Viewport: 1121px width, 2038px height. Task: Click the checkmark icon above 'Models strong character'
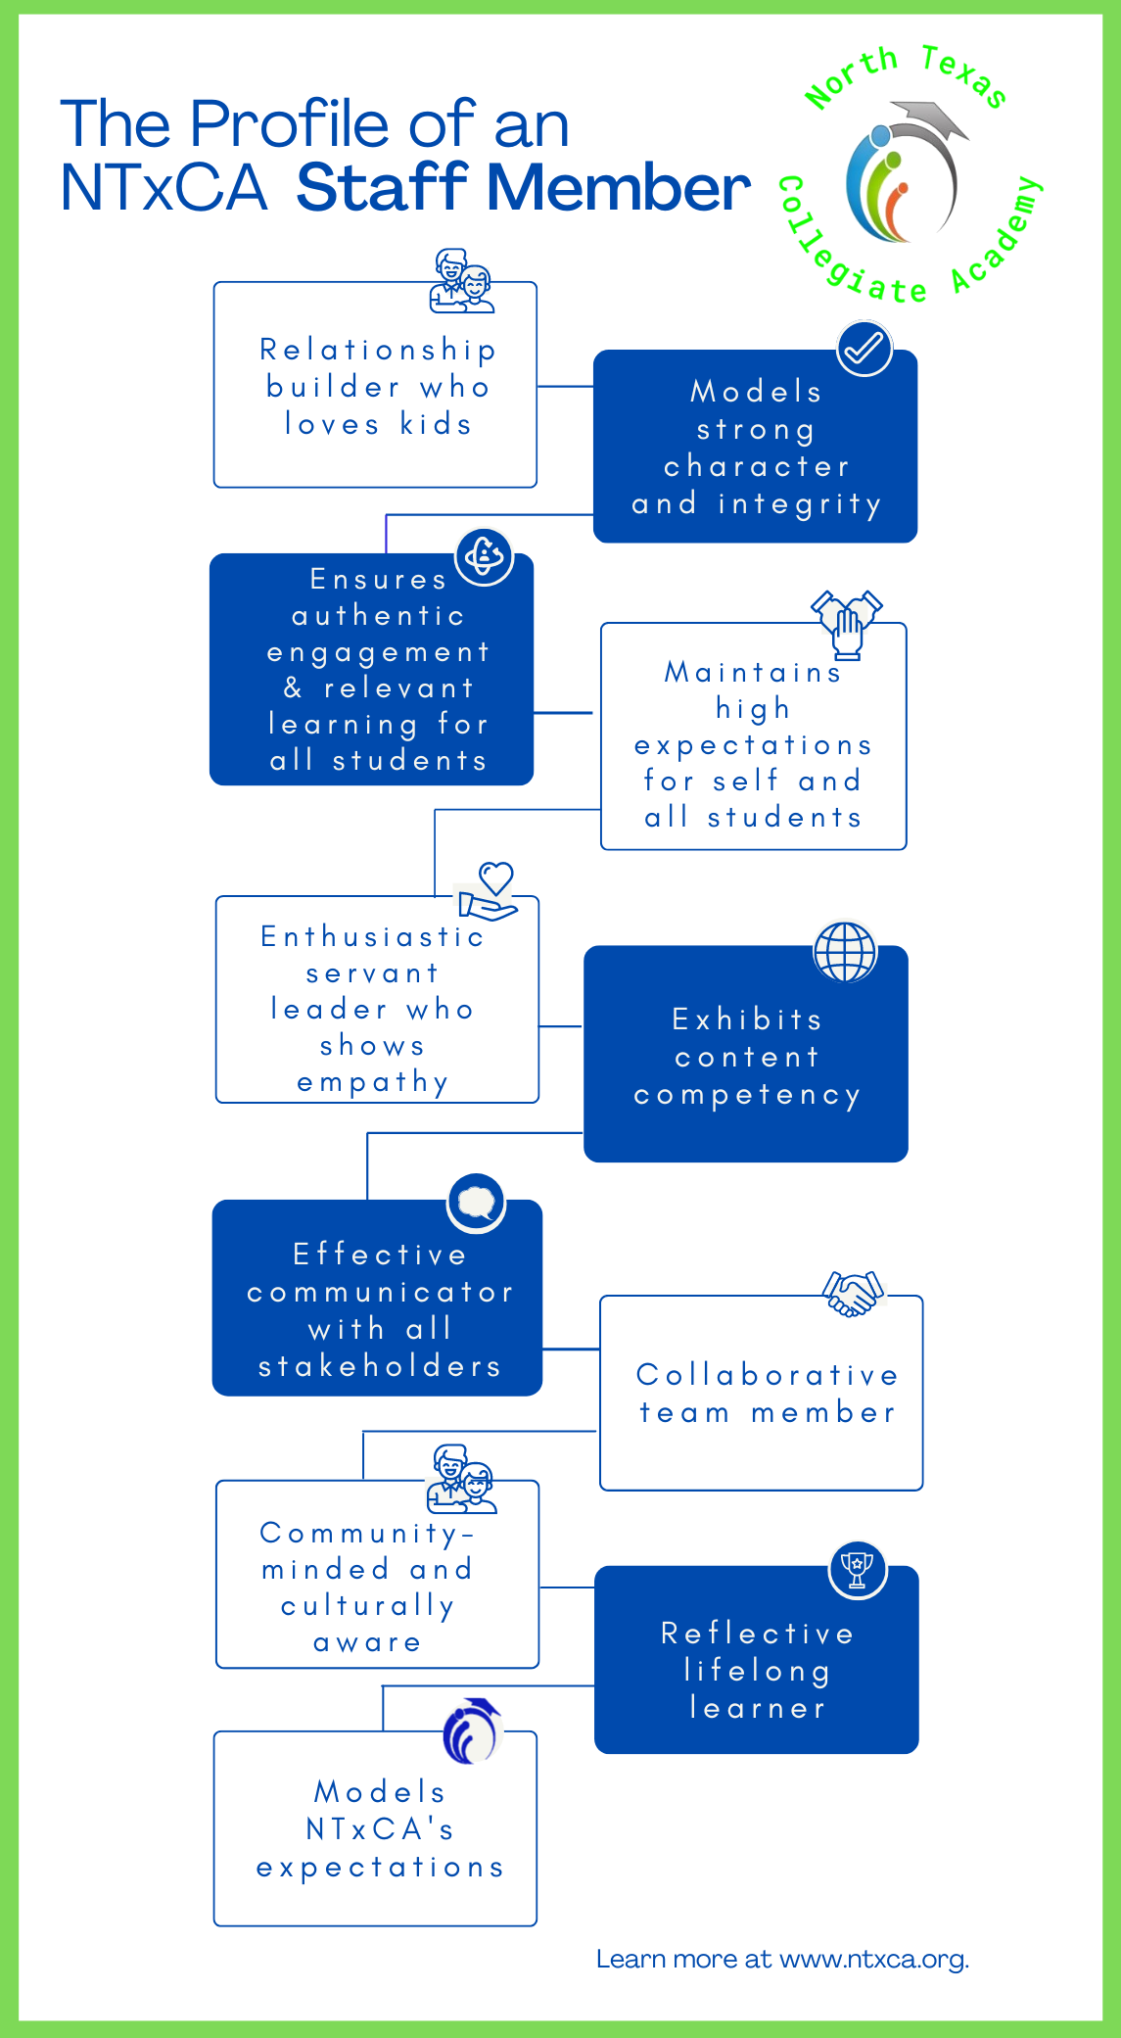[x=864, y=348]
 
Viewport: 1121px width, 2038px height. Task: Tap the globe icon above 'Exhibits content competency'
[x=845, y=951]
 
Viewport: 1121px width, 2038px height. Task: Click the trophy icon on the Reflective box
[x=858, y=1570]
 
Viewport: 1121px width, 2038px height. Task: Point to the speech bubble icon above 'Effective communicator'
[x=477, y=1203]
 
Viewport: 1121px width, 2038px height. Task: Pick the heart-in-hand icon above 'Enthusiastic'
[x=489, y=891]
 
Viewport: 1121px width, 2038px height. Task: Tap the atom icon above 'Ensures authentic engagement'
[x=485, y=557]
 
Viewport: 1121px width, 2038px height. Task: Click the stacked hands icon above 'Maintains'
[x=847, y=624]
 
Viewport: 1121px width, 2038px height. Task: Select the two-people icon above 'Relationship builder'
[x=461, y=281]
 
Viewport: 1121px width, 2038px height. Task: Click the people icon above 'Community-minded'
[x=461, y=1479]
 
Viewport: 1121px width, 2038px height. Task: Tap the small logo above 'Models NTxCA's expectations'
[x=472, y=1730]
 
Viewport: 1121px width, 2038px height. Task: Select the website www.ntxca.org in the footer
[x=874, y=1959]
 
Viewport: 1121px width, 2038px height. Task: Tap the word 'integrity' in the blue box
[x=800, y=504]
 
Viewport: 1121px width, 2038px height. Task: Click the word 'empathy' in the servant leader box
[x=373, y=1082]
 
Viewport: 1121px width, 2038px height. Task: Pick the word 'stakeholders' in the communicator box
[x=380, y=1366]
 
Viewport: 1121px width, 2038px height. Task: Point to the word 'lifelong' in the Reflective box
[x=757, y=1671]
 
